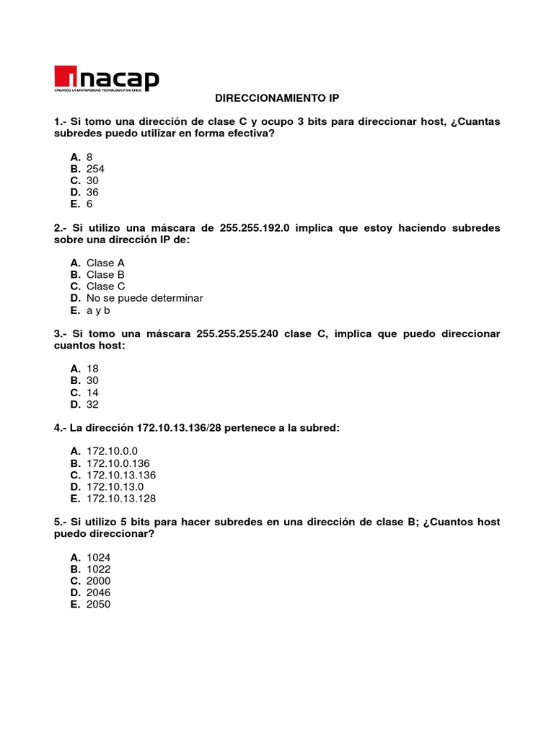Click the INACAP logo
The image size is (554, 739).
pos(106,79)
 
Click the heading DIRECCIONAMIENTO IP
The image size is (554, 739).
pos(277,97)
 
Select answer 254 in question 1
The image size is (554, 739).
pos(95,169)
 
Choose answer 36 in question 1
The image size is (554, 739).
pos(92,192)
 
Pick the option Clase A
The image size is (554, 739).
pos(105,263)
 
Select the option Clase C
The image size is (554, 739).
pos(105,287)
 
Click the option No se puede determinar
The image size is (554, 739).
pos(144,298)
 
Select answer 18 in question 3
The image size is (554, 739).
pos(92,369)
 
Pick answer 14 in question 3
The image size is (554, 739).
pos(92,393)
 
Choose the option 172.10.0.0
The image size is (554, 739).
pos(112,451)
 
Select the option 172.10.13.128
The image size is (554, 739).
pos(121,499)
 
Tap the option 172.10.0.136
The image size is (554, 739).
pos(118,463)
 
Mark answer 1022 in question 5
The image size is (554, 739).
pos(98,569)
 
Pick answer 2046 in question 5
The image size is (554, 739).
pos(98,592)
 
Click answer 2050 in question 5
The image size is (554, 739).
pos(98,604)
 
